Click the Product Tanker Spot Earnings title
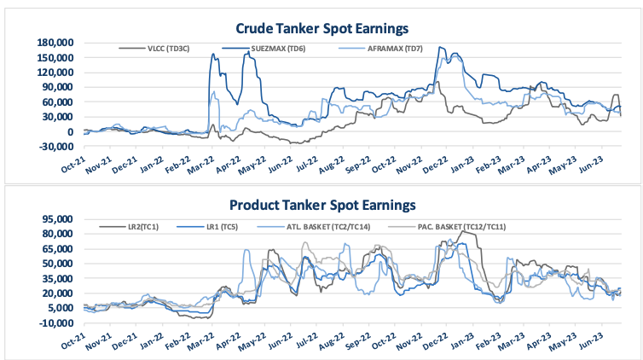[x=321, y=206]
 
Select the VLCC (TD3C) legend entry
[x=168, y=49]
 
